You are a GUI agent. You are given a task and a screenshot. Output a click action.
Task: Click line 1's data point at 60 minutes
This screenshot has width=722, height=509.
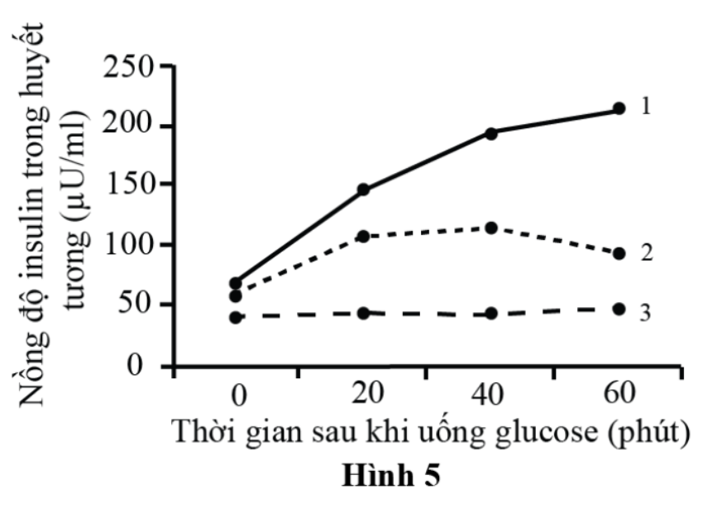619,108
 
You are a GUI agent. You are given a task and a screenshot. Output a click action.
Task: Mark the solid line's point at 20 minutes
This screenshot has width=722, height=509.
363,190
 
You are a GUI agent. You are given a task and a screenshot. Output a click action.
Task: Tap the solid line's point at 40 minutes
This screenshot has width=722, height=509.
491,132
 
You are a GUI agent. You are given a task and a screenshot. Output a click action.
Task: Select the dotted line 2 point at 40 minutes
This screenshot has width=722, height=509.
491,228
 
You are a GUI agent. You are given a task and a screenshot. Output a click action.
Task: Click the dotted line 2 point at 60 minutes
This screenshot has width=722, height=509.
619,253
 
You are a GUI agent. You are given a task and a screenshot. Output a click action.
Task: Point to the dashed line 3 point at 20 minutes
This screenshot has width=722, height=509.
363,313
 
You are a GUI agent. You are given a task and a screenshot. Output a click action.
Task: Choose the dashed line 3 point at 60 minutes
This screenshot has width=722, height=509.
619,309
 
